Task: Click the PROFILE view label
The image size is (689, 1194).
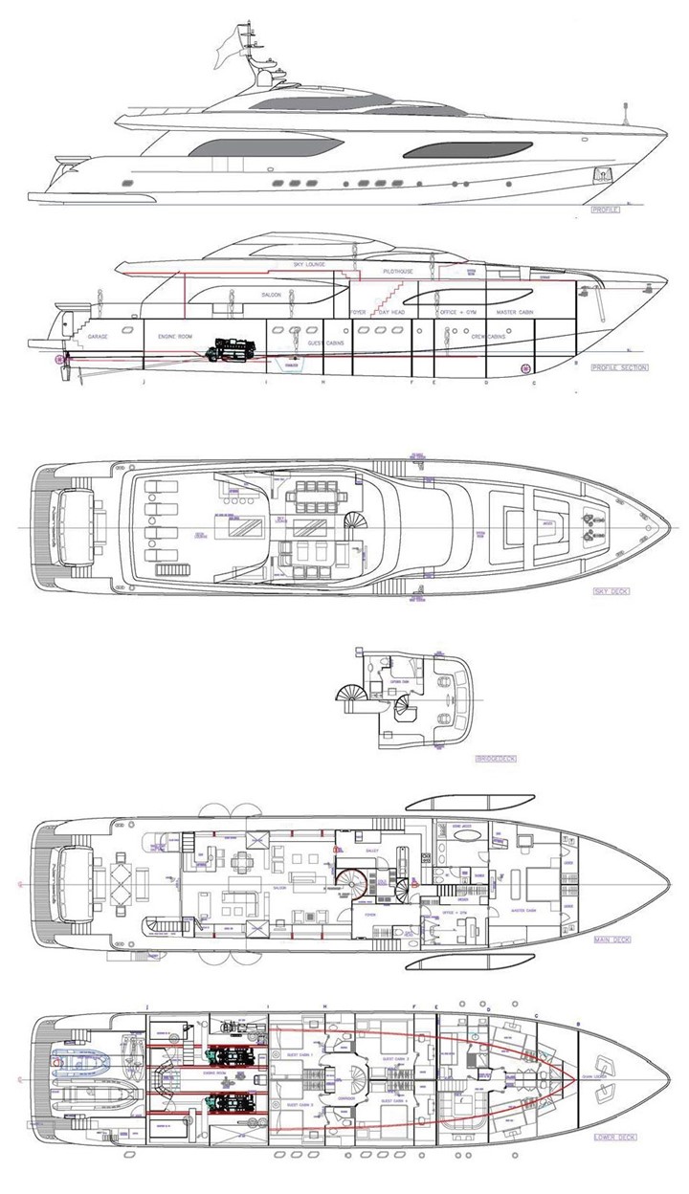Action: [x=605, y=209]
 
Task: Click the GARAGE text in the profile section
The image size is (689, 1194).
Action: [x=98, y=338]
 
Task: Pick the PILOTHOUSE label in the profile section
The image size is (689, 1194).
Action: [x=397, y=272]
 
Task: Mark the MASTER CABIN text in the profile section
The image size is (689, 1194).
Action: [x=513, y=313]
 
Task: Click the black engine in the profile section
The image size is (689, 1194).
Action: [x=229, y=345]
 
